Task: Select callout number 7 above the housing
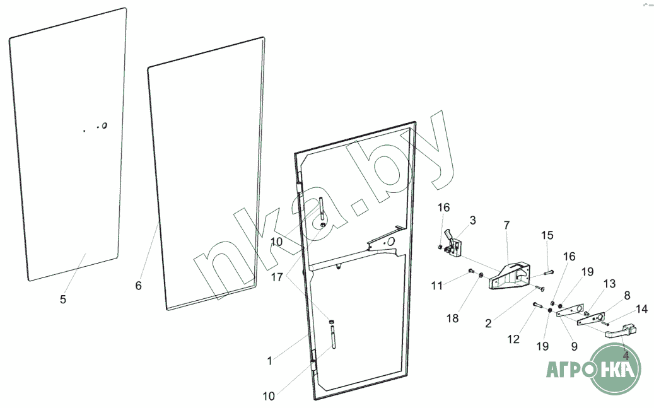coord(506,225)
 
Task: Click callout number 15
coord(547,235)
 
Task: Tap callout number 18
coord(453,318)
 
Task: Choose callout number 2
coord(489,324)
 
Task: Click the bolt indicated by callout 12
coord(537,305)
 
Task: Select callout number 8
coord(626,295)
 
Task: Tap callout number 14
coord(641,309)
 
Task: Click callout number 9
coord(574,346)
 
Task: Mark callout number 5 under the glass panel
coord(62,300)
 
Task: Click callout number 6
coord(139,286)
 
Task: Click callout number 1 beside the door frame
coord(270,361)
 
